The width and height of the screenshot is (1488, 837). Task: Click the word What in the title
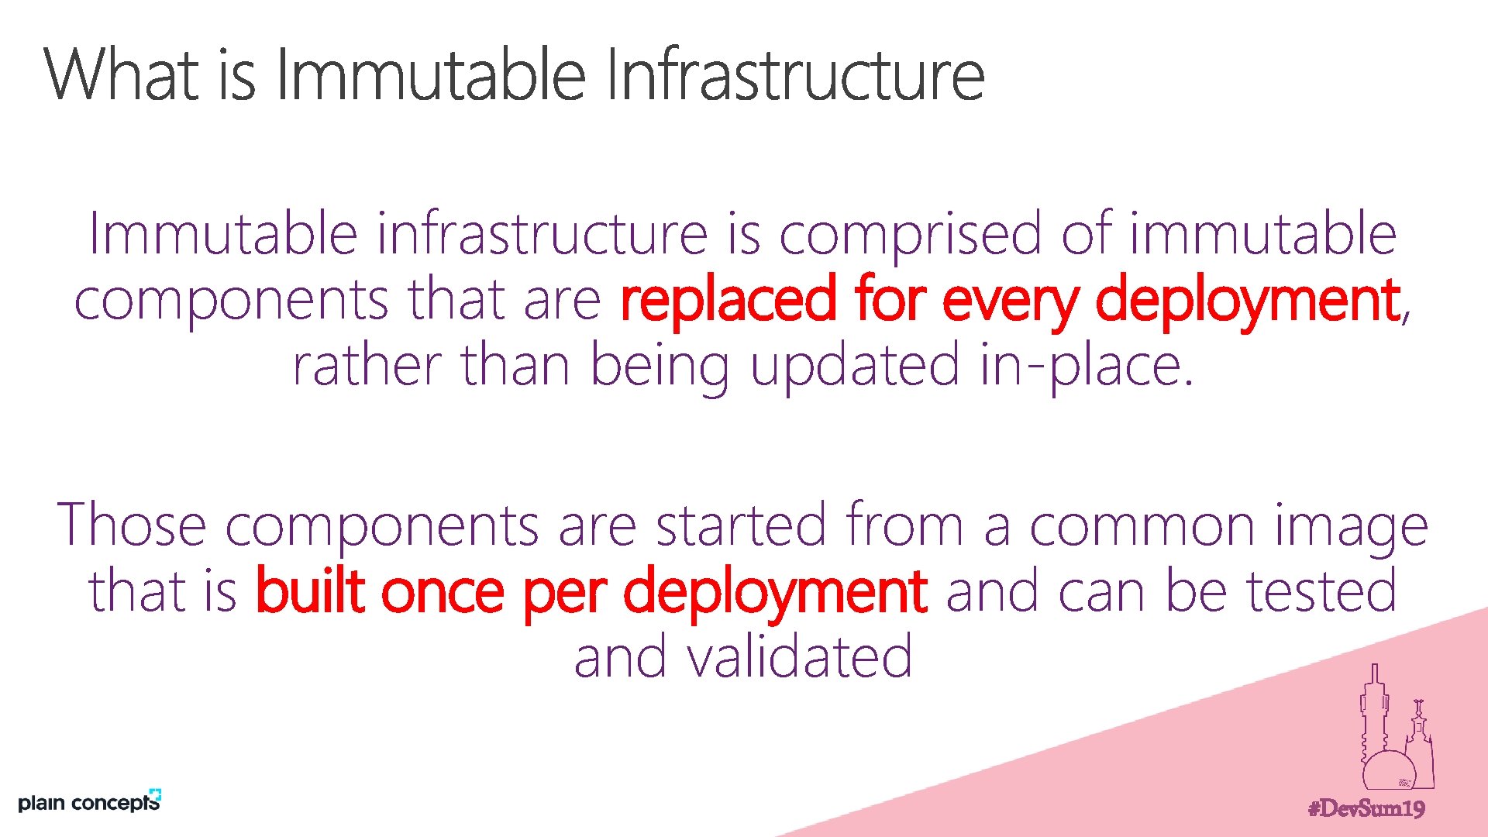125,74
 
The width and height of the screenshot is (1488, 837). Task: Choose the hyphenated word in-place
1085,366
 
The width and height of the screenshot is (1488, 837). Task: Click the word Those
131,525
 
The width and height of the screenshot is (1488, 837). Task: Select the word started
741,525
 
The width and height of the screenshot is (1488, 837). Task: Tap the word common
1142,525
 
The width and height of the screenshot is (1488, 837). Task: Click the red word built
310,591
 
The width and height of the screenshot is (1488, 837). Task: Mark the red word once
443,591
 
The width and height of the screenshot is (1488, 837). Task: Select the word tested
1321,591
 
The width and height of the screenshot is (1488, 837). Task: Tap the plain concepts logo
89,801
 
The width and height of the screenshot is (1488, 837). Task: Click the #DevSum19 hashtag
1366,809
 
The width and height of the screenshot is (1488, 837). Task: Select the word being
660,367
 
